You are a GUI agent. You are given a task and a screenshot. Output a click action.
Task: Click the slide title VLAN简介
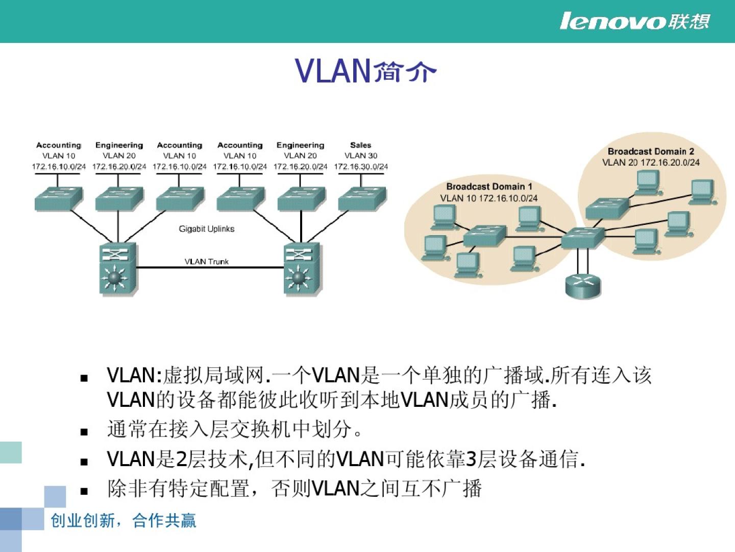click(365, 71)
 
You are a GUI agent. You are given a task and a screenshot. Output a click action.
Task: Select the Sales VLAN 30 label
click(361, 150)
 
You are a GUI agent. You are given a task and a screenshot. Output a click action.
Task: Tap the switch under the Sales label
click(362, 198)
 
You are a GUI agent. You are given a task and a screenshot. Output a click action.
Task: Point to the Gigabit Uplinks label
click(207, 228)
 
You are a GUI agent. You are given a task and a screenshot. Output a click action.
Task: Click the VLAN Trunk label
click(207, 262)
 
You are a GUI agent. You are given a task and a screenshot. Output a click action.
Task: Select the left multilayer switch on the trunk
click(117, 269)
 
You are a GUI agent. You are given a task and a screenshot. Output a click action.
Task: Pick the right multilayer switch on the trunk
click(302, 269)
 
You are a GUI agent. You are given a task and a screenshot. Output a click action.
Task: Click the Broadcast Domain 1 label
click(489, 187)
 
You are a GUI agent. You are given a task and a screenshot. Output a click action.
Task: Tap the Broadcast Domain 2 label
click(651, 151)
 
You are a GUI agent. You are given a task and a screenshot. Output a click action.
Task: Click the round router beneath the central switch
click(583, 285)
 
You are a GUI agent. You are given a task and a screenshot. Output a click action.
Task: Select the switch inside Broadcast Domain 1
click(484, 236)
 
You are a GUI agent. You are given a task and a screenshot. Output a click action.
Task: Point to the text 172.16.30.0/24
click(361, 167)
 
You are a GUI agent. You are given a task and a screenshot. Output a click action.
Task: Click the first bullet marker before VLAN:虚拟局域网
click(84, 378)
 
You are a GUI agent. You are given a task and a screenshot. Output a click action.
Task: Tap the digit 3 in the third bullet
click(471, 459)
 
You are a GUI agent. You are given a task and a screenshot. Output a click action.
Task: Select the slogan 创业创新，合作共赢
click(123, 520)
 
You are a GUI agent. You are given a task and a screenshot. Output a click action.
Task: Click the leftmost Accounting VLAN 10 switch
click(59, 198)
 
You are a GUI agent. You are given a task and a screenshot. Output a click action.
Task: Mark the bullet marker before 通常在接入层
click(84, 432)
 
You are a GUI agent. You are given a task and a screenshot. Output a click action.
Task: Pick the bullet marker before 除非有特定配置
click(84, 491)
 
